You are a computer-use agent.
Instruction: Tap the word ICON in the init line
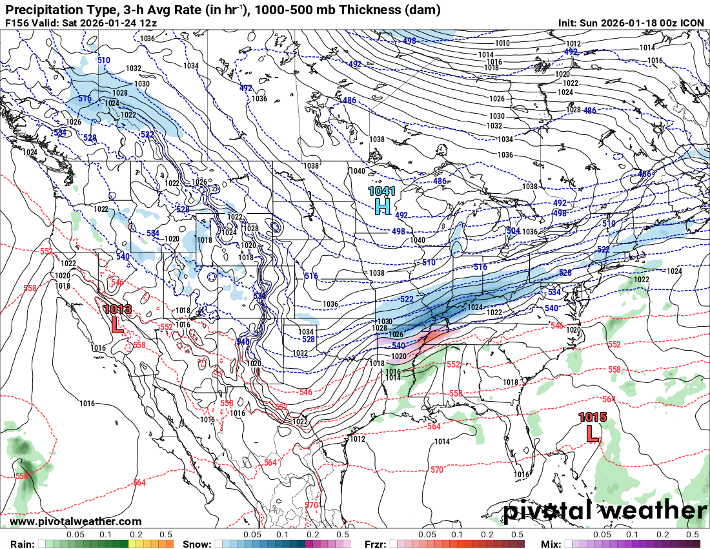693,23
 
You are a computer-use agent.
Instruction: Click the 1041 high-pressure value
381,191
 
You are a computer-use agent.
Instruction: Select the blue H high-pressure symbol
382,207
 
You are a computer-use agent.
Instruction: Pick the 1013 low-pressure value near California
117,309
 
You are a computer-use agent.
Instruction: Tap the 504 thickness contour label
513,231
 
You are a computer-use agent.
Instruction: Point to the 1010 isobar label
502,43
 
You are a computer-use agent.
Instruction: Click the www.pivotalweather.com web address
76,522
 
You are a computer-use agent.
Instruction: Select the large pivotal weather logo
605,511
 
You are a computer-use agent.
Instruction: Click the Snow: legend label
196,544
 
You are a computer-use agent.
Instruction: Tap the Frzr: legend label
376,544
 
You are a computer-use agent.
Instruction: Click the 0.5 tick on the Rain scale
166,535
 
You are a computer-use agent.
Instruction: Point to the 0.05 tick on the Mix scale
602,535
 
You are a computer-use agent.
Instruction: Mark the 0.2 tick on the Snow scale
312,535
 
